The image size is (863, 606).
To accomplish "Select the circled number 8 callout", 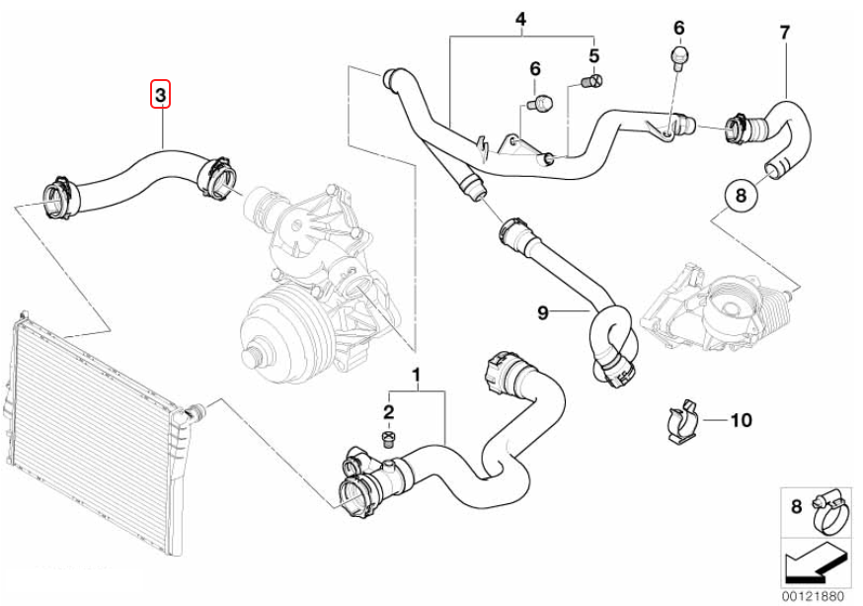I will [x=741, y=196].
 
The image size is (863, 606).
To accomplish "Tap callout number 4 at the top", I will [x=521, y=19].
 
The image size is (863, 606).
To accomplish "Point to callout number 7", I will [x=785, y=33].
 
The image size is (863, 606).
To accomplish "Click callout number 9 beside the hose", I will [x=542, y=313].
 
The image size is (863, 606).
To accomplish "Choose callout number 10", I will [x=741, y=420].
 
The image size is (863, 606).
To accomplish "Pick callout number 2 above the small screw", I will [x=389, y=411].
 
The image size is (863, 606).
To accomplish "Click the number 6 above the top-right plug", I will [x=678, y=27].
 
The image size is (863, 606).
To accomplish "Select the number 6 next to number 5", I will [x=535, y=68].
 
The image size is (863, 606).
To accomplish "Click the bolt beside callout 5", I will [x=590, y=82].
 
